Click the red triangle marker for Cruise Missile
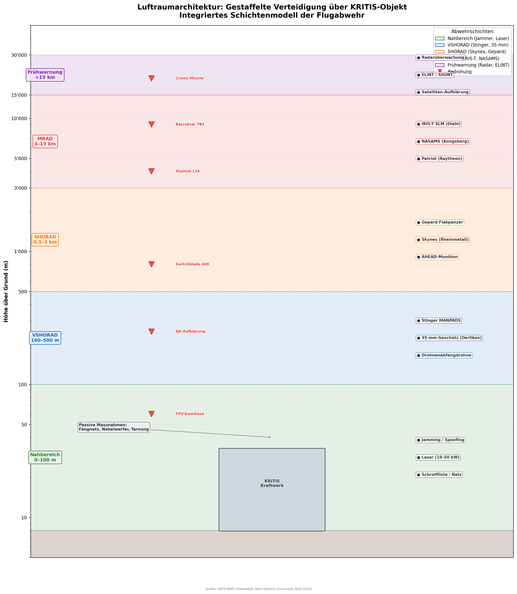(x=151, y=78)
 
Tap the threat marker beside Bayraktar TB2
(x=151, y=124)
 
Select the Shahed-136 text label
(x=188, y=171)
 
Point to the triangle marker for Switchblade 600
(x=151, y=264)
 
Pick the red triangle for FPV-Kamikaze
(x=151, y=414)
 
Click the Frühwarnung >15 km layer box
(x=45, y=75)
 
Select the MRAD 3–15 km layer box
(x=45, y=141)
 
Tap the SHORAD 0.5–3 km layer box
(x=45, y=240)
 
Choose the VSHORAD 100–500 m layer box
(x=45, y=338)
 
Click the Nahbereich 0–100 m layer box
(x=45, y=457)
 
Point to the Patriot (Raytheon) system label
(x=439, y=159)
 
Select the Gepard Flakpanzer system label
(x=440, y=222)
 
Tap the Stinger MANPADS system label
(x=438, y=320)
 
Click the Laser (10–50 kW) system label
(x=438, y=457)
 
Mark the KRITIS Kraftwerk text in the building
(x=272, y=483)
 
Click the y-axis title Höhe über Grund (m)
(x=6, y=291)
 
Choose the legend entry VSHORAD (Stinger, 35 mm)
(x=478, y=45)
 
